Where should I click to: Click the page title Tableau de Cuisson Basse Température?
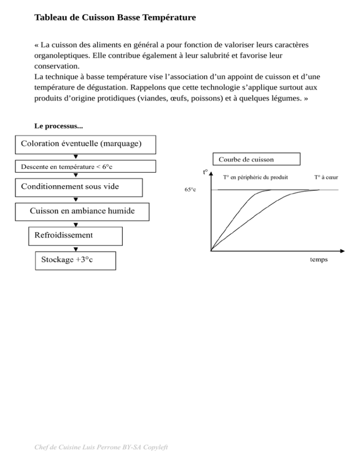coord(115,18)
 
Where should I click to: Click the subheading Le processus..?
coord(59,126)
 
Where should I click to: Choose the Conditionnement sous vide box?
coord(79,187)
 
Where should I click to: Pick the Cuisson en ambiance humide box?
coord(82,211)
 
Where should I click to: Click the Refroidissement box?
coord(75,236)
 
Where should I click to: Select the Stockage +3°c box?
coord(75,260)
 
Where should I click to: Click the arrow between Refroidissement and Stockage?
coord(75,249)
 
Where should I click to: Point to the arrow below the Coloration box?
coord(75,157)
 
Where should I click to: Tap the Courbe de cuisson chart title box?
coord(256,159)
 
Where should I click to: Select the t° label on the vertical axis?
coord(206,172)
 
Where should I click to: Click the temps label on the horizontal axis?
coord(319,259)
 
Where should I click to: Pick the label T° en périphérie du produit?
coord(255,177)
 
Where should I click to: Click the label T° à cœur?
coord(327,177)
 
